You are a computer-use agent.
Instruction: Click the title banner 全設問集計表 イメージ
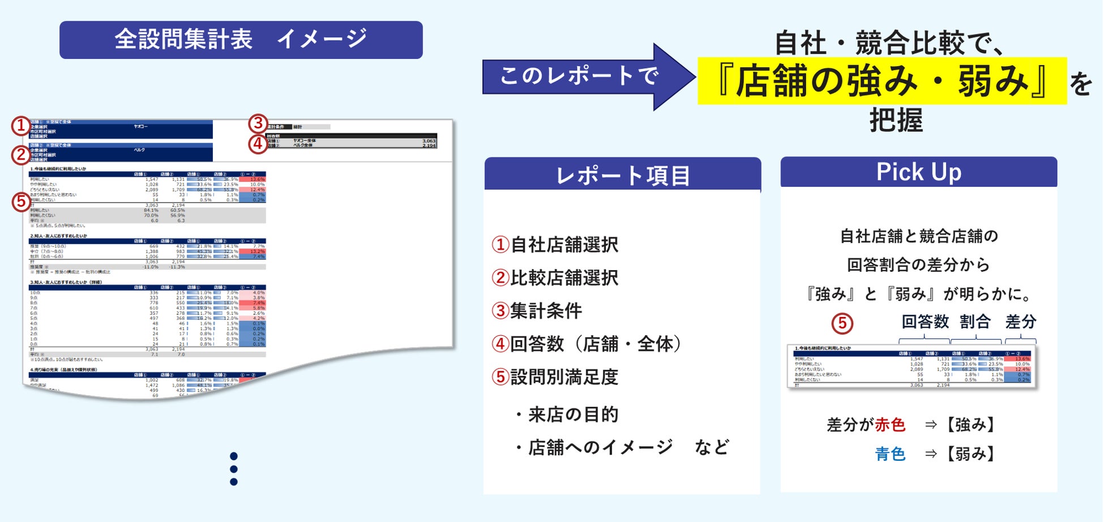(x=241, y=40)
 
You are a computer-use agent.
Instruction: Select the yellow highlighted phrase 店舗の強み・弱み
(x=882, y=81)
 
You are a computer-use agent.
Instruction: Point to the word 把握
(x=896, y=121)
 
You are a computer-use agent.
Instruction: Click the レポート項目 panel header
(x=622, y=175)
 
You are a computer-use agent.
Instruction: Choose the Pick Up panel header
(x=918, y=172)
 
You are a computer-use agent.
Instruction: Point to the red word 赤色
(x=890, y=425)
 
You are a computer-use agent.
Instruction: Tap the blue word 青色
(x=890, y=453)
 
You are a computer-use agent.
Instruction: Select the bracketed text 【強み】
(x=970, y=425)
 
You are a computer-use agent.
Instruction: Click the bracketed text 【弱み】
(x=970, y=453)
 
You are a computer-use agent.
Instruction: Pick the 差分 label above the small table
(x=1020, y=322)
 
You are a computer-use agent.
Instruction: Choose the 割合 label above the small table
(x=975, y=322)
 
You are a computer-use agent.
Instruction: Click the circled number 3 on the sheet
(x=258, y=123)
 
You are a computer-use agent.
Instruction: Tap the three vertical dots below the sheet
(x=234, y=469)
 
